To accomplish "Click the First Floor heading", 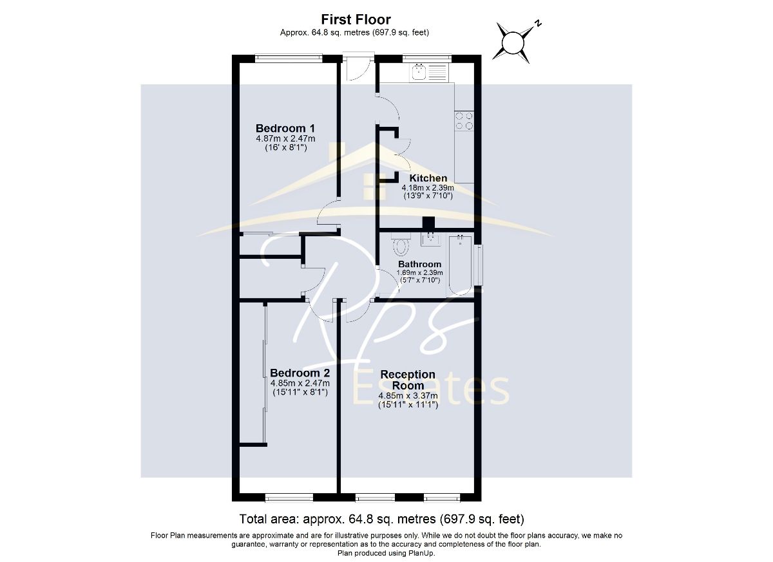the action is click(356, 19).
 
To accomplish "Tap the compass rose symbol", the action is click(514, 42).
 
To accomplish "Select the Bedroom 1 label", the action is click(285, 128).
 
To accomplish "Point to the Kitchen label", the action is click(428, 178).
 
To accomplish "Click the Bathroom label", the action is click(419, 264).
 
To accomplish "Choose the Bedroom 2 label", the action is click(300, 373).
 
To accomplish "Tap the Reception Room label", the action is click(408, 380).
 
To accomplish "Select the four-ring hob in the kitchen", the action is click(464, 120).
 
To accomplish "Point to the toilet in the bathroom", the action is click(401, 244).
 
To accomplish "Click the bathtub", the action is click(460, 265).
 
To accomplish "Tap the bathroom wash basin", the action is click(430, 239).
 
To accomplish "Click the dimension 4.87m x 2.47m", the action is click(285, 138).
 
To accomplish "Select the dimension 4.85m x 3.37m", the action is click(408, 395).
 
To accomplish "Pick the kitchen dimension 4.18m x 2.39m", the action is click(428, 187).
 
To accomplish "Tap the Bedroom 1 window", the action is click(289, 58).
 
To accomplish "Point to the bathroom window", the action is click(478, 265).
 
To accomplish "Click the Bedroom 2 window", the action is click(289, 497).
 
